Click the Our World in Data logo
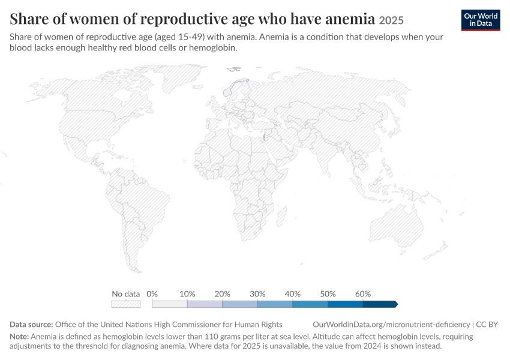(481, 20)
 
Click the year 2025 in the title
(391, 20)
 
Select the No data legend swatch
(126, 304)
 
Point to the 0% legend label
(152, 294)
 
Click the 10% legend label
(187, 294)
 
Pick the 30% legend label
(257, 294)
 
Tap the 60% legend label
(363, 294)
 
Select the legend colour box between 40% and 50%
(310, 304)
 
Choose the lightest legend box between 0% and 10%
(170, 304)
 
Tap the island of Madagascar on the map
(281, 216)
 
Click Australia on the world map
(396, 225)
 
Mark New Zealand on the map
(436, 251)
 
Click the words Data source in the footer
(31, 325)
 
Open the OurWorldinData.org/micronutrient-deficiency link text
(391, 325)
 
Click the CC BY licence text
(487, 325)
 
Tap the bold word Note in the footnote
(19, 336)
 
